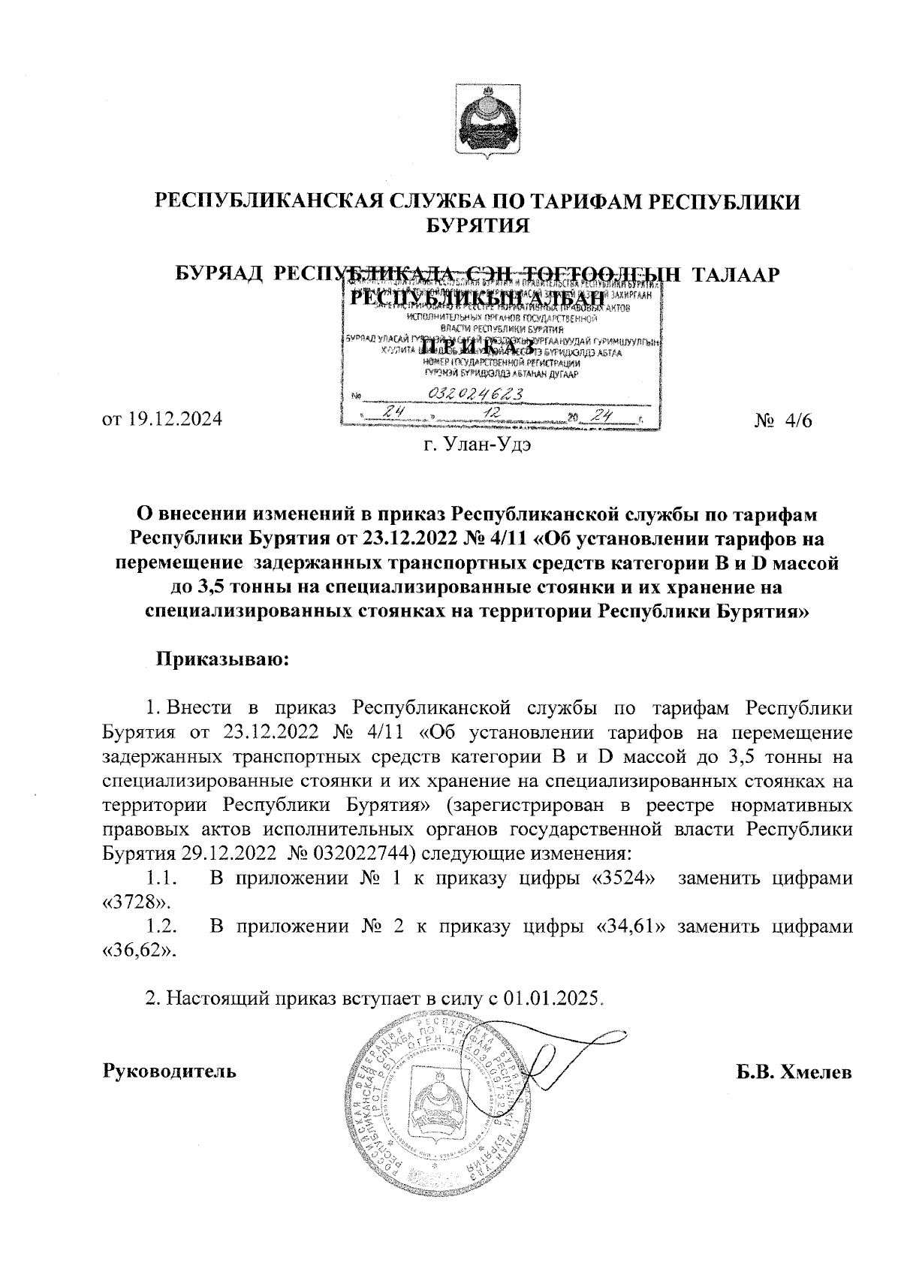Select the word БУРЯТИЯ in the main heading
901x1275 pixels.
pyautogui.click(x=477, y=225)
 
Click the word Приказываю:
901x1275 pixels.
pyautogui.click(x=221, y=661)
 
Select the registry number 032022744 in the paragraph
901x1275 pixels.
pyautogui.click(x=353, y=854)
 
